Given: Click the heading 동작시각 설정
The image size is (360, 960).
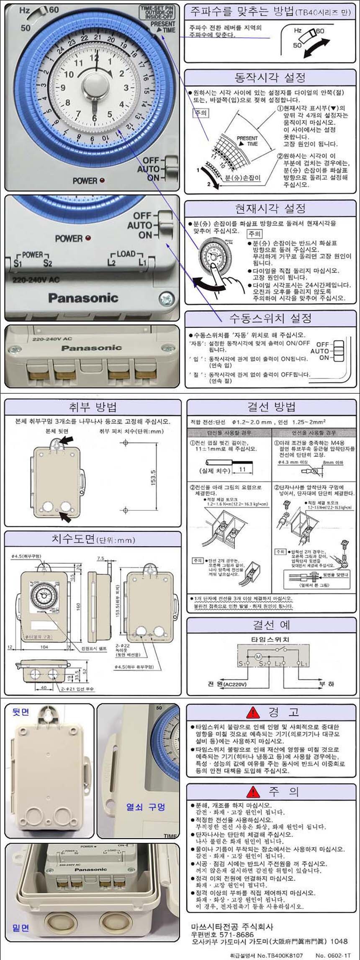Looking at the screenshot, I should pyautogui.click(x=270, y=77).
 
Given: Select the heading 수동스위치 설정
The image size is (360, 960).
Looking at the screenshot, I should pyautogui.click(x=270, y=318).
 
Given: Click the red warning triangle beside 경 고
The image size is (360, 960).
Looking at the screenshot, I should pyautogui.click(x=253, y=712).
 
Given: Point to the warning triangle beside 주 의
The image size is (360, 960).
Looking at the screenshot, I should pyautogui.click(x=253, y=791).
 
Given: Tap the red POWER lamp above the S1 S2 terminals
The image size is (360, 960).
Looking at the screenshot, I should pyautogui.click(x=88, y=238).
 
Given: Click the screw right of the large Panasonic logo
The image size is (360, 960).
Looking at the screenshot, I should pyautogui.click(x=166, y=299).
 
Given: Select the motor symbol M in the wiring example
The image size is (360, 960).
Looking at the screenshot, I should pyautogui.click(x=258, y=656).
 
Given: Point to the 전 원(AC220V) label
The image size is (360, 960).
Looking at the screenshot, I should pyautogui.click(x=227, y=684).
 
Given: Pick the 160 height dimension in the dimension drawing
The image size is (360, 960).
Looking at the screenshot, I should pyautogui.click(x=78, y=606).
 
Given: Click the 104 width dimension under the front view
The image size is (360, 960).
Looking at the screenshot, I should pyautogui.click(x=44, y=647).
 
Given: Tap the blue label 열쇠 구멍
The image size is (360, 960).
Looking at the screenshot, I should pyautogui.click(x=146, y=807).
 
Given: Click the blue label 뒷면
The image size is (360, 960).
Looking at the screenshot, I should pyautogui.click(x=21, y=712).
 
